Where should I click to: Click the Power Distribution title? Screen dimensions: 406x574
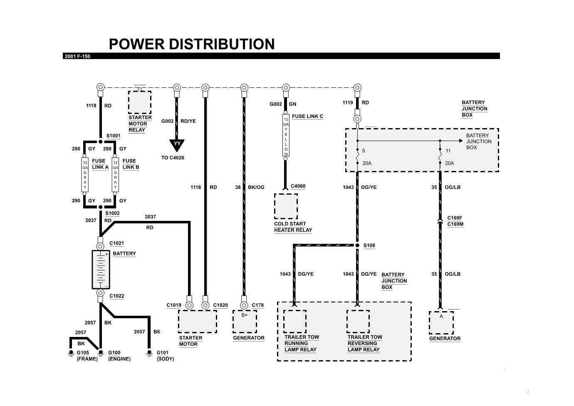tap(192, 44)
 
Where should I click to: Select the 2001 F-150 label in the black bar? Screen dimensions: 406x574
tap(77, 56)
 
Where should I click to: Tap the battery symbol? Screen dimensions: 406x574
tap(101, 270)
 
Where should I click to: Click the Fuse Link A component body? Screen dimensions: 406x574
tap(85, 174)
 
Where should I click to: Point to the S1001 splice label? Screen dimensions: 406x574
tap(113, 136)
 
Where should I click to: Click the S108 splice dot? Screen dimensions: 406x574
tap(357, 245)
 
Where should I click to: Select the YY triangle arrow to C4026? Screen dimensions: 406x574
tap(177, 144)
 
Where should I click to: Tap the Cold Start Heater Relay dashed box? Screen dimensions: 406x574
tap(286, 206)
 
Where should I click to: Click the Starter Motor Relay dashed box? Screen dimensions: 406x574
tap(140, 102)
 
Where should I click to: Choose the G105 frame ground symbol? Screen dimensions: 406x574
tap(71, 353)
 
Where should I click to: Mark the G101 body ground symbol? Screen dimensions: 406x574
tap(149, 353)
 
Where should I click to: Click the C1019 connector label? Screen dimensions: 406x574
tap(174, 305)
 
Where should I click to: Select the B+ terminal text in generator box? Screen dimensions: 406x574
tap(245, 315)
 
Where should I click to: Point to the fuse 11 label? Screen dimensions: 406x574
tap(448, 151)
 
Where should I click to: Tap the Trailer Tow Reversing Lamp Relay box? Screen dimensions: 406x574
tap(358, 322)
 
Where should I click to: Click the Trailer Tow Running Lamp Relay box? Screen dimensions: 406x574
tap(295, 322)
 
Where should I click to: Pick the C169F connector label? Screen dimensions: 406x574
tap(455, 218)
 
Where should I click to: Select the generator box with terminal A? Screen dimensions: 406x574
tap(441, 323)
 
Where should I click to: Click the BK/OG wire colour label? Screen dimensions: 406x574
tap(256, 187)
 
